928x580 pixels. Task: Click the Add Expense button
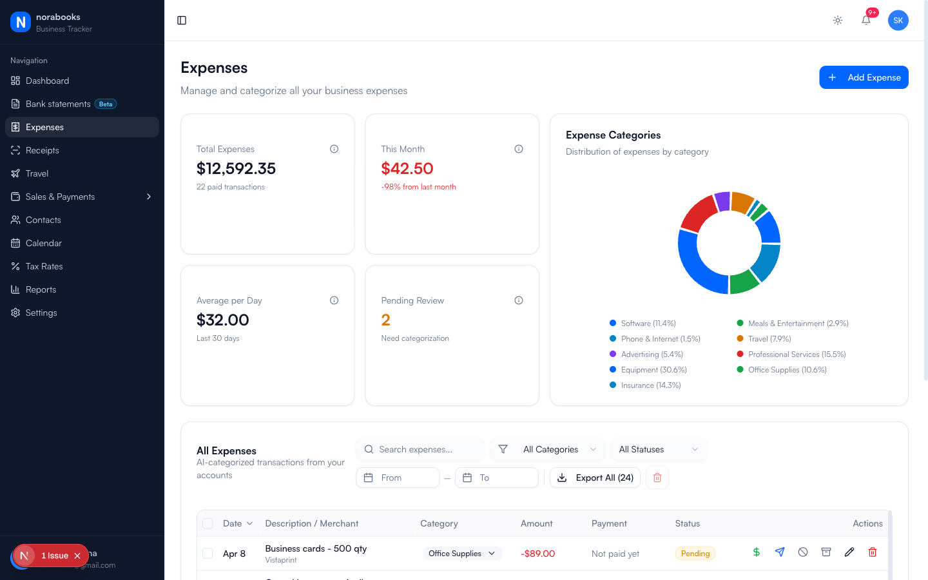[x=864, y=77]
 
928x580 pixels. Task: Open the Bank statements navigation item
[x=58, y=104]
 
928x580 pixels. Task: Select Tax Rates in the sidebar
[x=44, y=266]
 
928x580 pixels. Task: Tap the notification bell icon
[x=866, y=20]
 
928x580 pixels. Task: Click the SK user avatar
[x=898, y=21]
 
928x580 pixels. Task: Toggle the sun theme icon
[x=838, y=21]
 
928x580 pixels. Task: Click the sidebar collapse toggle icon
[x=182, y=21]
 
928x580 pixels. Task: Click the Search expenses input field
[x=425, y=449]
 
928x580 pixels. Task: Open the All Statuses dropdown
[x=658, y=449]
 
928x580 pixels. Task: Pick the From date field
[x=398, y=478]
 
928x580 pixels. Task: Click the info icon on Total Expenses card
[x=334, y=149]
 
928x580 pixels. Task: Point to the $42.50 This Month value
[x=407, y=169]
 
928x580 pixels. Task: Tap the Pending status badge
[x=695, y=554]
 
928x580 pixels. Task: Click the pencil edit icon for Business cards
[x=849, y=552]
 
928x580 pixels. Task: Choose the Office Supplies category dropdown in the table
[x=462, y=554]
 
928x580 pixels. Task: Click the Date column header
[x=237, y=523]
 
